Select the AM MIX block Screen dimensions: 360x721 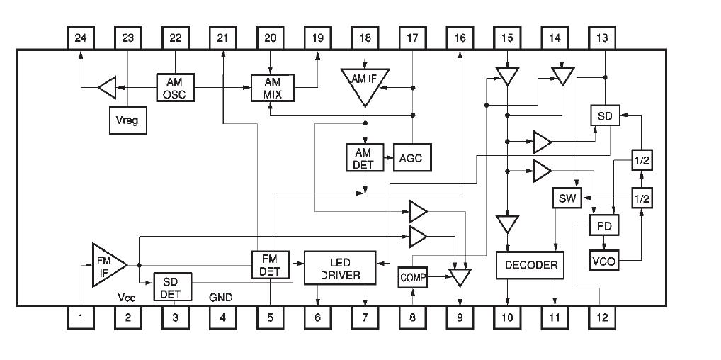click(x=271, y=88)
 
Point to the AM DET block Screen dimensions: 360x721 click(x=364, y=157)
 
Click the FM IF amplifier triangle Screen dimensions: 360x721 click(x=107, y=264)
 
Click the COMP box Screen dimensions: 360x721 click(x=413, y=278)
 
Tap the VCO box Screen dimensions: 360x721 click(x=604, y=261)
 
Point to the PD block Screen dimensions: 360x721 click(x=604, y=226)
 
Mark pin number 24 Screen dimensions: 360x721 click(x=79, y=38)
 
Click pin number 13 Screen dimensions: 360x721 click(x=602, y=38)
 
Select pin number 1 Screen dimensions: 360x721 click(x=79, y=318)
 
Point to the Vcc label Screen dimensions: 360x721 click(x=127, y=298)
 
